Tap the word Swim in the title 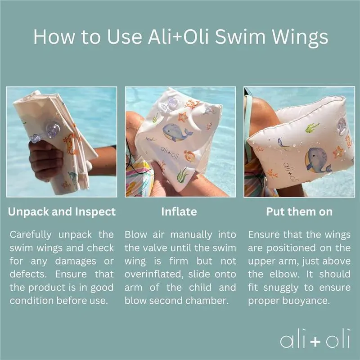pos(240,37)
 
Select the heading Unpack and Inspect pos(62,212)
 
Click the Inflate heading pos(179,211)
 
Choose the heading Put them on pos(299,211)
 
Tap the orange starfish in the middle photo pos(183,117)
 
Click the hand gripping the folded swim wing pos(46,160)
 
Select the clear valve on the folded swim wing pos(53,130)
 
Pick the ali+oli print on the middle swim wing pos(170,152)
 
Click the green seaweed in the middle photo pos(183,175)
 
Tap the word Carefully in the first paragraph pos(31,235)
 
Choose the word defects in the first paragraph pos(28,274)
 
